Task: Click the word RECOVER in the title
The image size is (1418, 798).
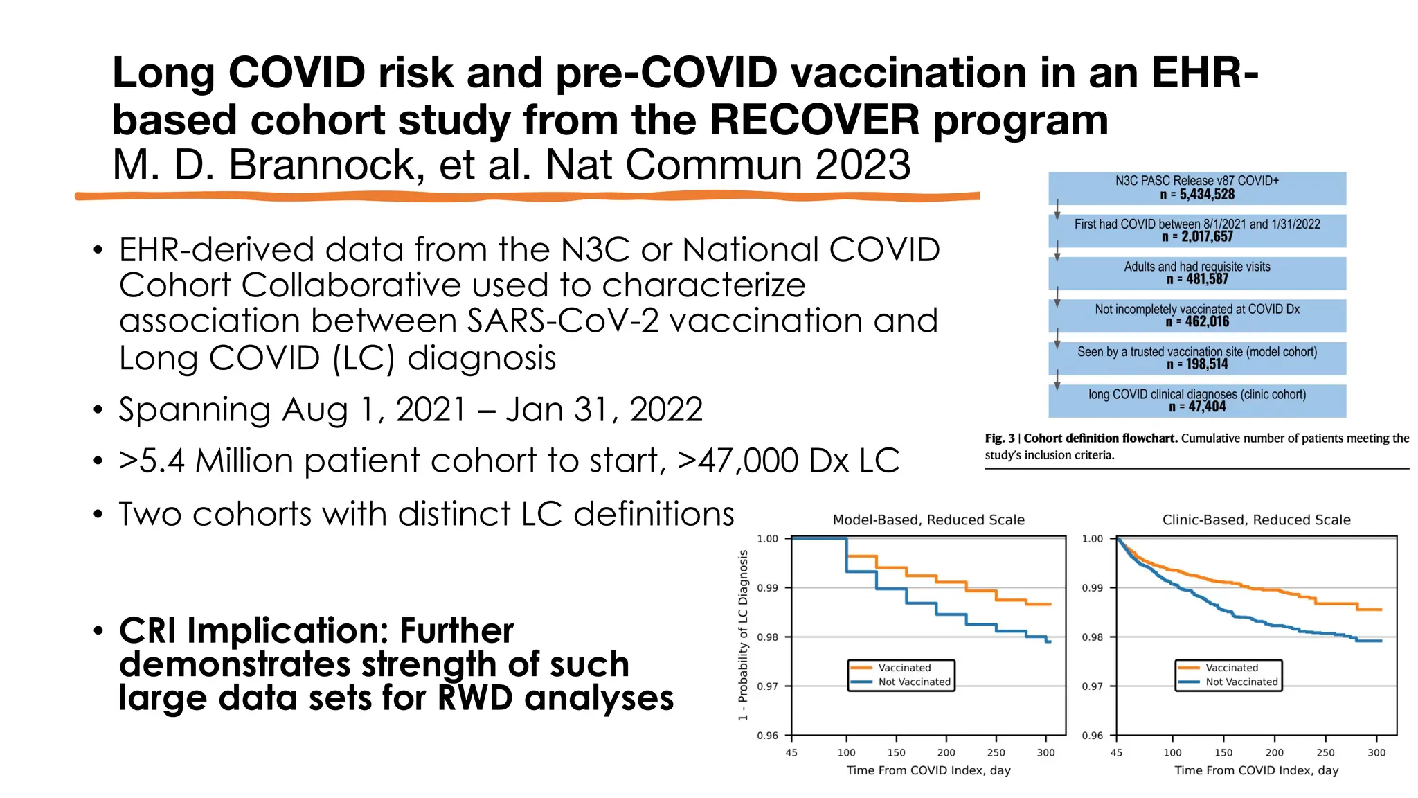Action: pos(814,120)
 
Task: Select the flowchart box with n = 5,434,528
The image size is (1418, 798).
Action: pos(1196,188)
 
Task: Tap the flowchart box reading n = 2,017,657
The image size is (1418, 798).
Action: pos(1196,231)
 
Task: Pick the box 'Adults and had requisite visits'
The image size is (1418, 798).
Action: pos(1196,273)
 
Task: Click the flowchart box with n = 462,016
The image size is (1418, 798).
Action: pos(1196,315)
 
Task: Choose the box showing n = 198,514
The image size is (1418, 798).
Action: pos(1196,358)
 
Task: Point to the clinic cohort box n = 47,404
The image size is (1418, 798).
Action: pos(1196,400)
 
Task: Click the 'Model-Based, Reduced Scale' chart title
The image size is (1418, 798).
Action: pos(928,520)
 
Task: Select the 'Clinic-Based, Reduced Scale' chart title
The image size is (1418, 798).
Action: pos(1256,520)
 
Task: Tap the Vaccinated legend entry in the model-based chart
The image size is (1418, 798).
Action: pos(904,668)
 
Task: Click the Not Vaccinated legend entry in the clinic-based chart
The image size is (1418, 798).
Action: pos(1241,682)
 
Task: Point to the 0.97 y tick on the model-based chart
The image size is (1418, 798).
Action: pos(767,686)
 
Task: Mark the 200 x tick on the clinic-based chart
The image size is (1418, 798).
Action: pos(1274,753)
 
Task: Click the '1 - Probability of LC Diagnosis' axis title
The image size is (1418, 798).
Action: pos(743,635)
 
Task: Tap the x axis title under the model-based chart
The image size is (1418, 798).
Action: pos(928,770)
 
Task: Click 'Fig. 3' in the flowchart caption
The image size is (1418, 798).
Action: pos(999,438)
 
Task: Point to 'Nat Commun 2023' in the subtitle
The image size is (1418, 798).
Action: pos(727,165)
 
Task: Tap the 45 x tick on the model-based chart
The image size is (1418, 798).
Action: pos(791,753)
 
